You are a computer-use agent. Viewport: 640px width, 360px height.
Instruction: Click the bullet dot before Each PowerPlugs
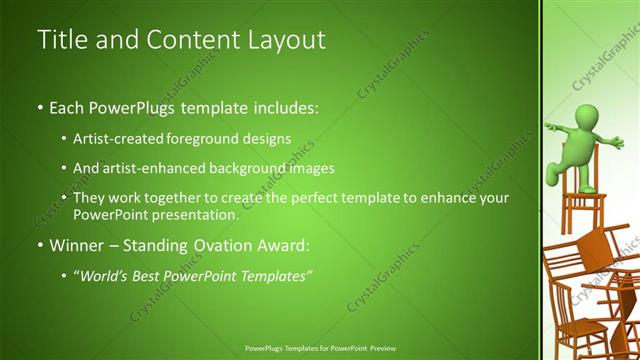[x=40, y=106]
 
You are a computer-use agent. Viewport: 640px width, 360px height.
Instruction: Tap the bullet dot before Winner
[x=40, y=245]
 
